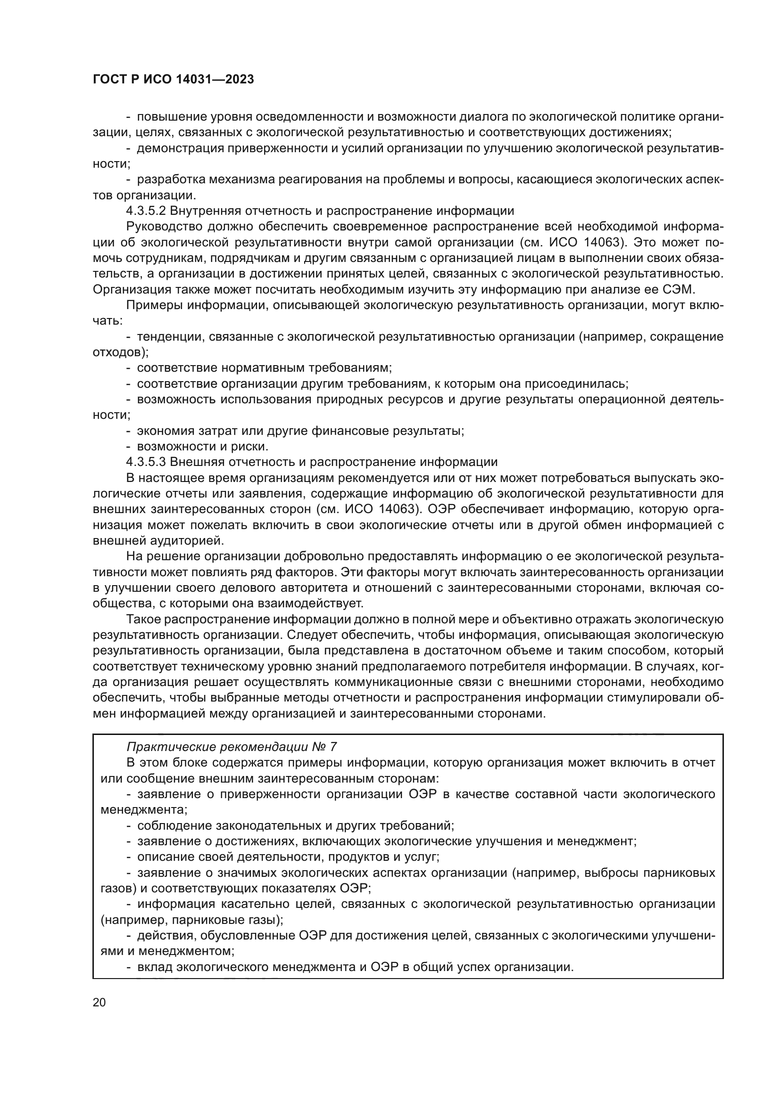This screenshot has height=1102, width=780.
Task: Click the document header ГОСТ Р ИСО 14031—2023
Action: click(173, 80)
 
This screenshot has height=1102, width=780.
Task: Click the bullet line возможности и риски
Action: click(202, 446)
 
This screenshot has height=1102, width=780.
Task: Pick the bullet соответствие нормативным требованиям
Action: click(264, 368)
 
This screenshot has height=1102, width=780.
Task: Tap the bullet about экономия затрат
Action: click(300, 431)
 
